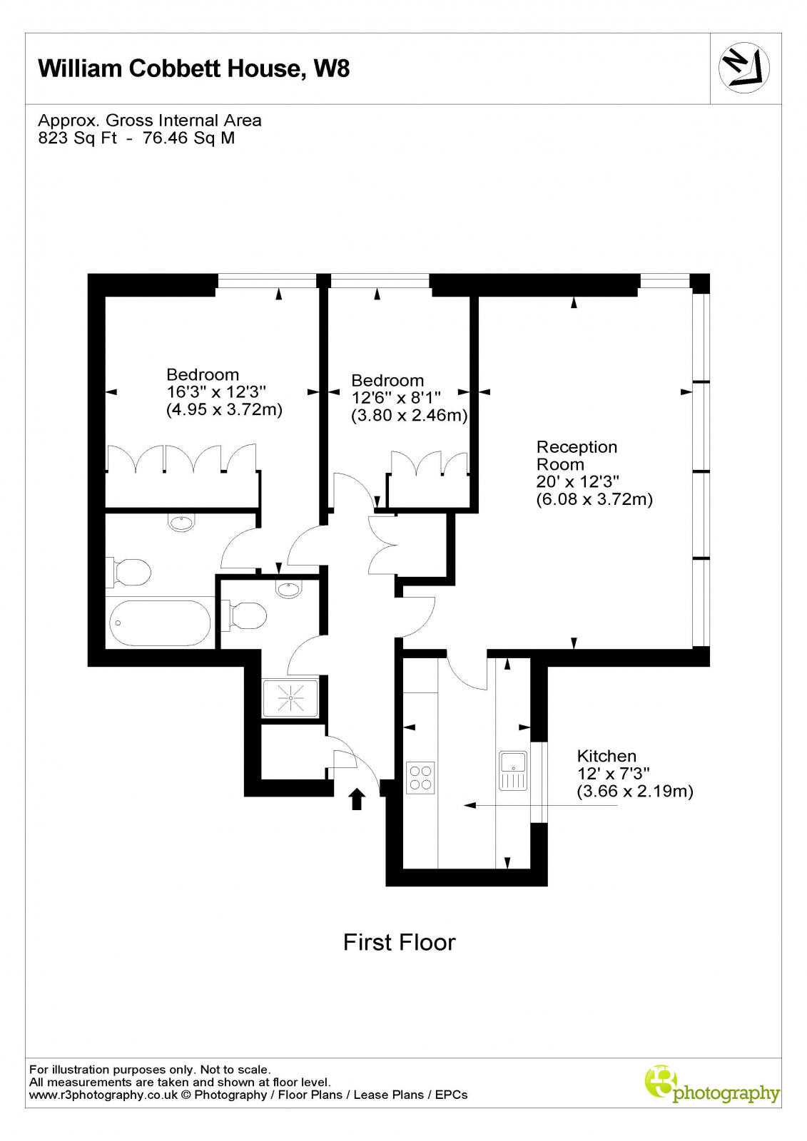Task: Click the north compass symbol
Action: coord(744,68)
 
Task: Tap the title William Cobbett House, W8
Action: coord(193,68)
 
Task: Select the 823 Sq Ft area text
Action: coord(78,138)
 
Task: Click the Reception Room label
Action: coord(577,456)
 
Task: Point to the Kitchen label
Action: coord(606,756)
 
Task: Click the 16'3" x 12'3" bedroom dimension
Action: coord(216,392)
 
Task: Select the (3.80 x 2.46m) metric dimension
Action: coord(409,415)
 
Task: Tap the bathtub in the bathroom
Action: coord(160,623)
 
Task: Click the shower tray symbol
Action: coord(290,697)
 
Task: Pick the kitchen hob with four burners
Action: coord(420,777)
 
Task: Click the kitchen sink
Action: coord(512,769)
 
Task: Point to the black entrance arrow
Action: coord(357,799)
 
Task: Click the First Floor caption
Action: coord(399,943)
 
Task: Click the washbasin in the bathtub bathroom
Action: coord(181,523)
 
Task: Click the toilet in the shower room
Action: coord(245,615)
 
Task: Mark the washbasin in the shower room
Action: coord(288,589)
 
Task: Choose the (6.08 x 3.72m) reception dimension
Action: coord(594,499)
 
